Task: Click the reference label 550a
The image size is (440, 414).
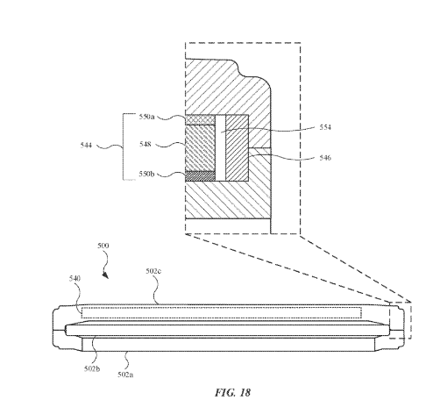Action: coord(146,117)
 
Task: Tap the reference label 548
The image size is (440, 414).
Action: coord(145,144)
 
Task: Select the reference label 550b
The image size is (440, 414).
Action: coord(146,174)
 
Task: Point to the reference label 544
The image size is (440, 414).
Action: coord(86,145)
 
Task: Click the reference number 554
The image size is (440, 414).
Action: coord(325,127)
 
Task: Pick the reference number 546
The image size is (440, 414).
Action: coord(325,158)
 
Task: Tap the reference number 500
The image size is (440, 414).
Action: coord(103,246)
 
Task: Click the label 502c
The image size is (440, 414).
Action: coord(153,271)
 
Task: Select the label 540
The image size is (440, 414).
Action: coord(75,278)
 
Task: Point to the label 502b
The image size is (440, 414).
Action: coord(92,368)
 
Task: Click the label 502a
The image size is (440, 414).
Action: coord(125,375)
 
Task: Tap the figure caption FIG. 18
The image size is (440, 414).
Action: coord(233,392)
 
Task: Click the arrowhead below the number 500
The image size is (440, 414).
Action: coord(105,275)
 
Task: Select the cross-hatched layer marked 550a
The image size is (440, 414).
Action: coord(200,119)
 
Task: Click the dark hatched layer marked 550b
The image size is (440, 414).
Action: coord(200,176)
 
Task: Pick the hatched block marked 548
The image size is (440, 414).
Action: coord(200,148)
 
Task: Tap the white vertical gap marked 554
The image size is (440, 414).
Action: coord(220,148)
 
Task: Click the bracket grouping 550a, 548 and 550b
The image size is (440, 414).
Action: coord(123,146)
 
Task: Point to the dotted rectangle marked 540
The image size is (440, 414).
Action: coord(222,312)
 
